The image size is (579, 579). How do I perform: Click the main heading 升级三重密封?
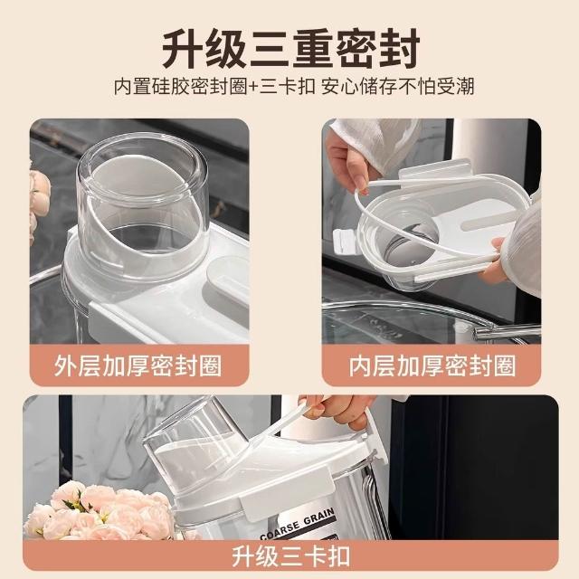[291, 48]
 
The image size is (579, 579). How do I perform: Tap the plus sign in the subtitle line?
[253, 87]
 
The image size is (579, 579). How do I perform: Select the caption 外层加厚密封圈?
[138, 365]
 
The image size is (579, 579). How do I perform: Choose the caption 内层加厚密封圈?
[432, 365]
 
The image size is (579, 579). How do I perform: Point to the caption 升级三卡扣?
[291, 556]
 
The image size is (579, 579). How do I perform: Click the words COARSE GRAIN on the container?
[298, 524]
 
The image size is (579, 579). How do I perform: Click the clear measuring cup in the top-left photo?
[143, 207]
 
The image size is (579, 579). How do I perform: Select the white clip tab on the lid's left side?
[345, 242]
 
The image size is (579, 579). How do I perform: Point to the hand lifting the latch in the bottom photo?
[336, 410]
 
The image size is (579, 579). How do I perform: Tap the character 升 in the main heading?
[183, 49]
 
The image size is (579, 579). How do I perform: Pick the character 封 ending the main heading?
[400, 49]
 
